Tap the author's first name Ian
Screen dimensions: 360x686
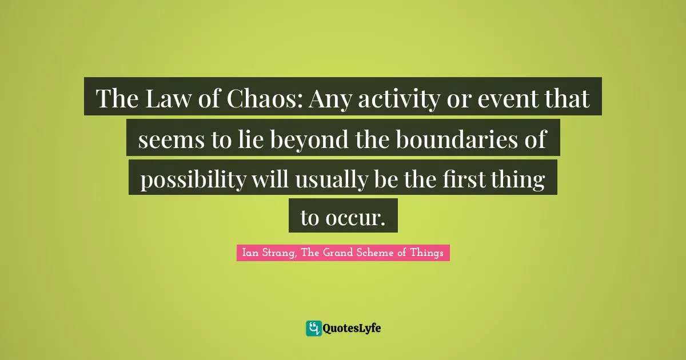pyautogui.click(x=249, y=253)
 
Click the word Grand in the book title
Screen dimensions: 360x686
pyautogui.click(x=344, y=253)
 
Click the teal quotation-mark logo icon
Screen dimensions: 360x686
pyautogui.click(x=313, y=328)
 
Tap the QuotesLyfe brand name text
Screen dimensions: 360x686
pyautogui.click(x=352, y=329)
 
